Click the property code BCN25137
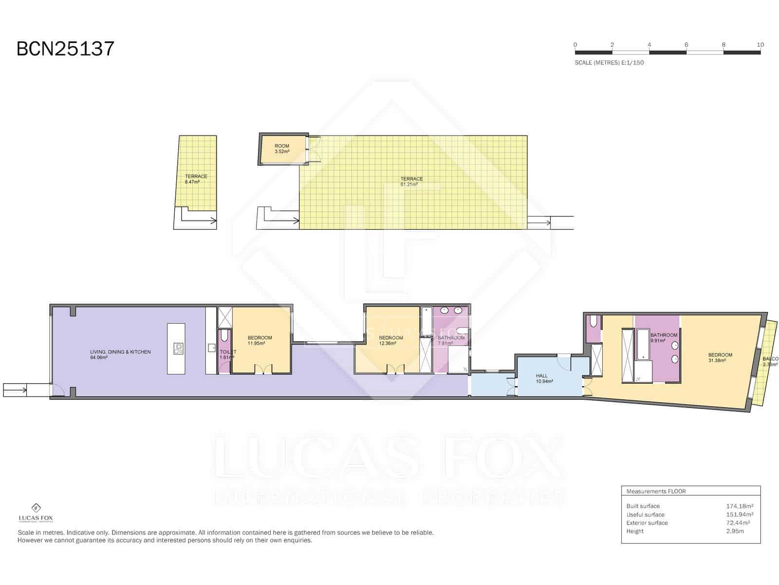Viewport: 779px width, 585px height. [x=65, y=49]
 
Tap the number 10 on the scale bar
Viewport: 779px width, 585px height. [x=760, y=44]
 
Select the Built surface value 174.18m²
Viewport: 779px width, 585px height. [x=740, y=506]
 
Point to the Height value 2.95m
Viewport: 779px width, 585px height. [x=735, y=531]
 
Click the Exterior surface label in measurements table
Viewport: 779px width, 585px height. [x=647, y=523]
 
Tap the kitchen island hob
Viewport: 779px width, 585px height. [x=179, y=348]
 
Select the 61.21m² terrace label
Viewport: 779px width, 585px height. [x=411, y=181]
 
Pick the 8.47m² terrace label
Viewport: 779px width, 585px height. [x=196, y=179]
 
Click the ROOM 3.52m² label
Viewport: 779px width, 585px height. [x=282, y=149]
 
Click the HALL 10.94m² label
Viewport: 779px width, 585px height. [x=544, y=379]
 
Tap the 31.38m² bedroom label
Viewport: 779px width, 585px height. [x=720, y=358]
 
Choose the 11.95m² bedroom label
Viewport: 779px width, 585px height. [x=260, y=340]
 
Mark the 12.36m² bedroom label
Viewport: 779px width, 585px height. [x=390, y=340]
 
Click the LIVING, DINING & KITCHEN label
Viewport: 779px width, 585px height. [x=120, y=354]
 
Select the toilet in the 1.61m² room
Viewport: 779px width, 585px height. [x=224, y=336]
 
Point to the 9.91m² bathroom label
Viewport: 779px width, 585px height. [x=663, y=338]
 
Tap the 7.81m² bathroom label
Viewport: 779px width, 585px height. [x=450, y=340]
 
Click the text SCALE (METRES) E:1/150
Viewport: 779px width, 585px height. [x=609, y=62]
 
